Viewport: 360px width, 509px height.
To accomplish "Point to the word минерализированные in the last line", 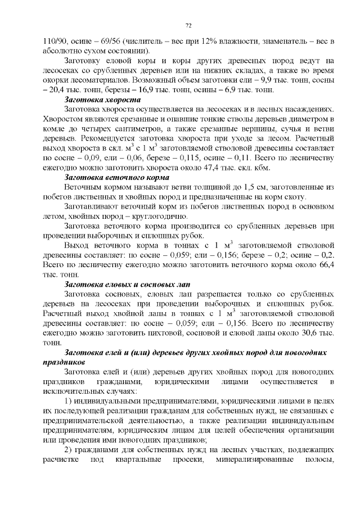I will pos(262,460).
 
